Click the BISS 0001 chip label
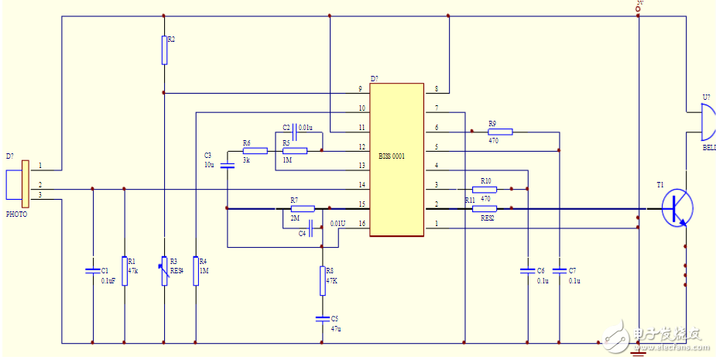392,156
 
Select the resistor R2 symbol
164,50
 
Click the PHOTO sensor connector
23,185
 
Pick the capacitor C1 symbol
93,270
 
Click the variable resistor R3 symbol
164,271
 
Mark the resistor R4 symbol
196,271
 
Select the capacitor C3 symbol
227,165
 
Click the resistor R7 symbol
302,208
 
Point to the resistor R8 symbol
322,280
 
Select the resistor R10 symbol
484,188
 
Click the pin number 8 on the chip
437,90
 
